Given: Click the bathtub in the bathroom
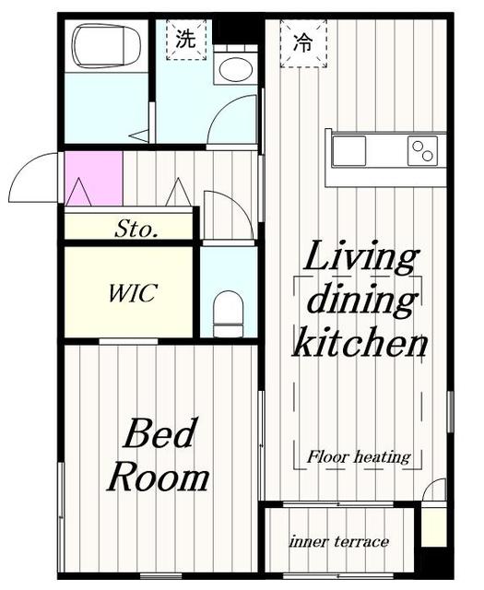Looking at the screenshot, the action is click(107, 46).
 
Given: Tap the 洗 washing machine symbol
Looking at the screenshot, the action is click(186, 39).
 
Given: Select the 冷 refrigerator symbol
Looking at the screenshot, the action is click(303, 43).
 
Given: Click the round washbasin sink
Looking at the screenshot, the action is click(235, 70).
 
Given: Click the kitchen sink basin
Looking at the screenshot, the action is click(348, 151).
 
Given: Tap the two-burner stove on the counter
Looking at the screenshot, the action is click(422, 151).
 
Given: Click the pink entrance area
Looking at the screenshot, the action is click(94, 178).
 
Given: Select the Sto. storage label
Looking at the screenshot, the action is click(136, 229).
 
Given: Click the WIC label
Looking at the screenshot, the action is click(133, 293).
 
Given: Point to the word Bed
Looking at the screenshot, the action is click(160, 433).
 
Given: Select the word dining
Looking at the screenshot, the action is click(361, 301).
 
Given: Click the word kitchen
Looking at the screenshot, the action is click(360, 342).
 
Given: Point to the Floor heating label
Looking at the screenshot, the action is click(359, 457).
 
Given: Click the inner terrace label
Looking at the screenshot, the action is click(338, 542).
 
